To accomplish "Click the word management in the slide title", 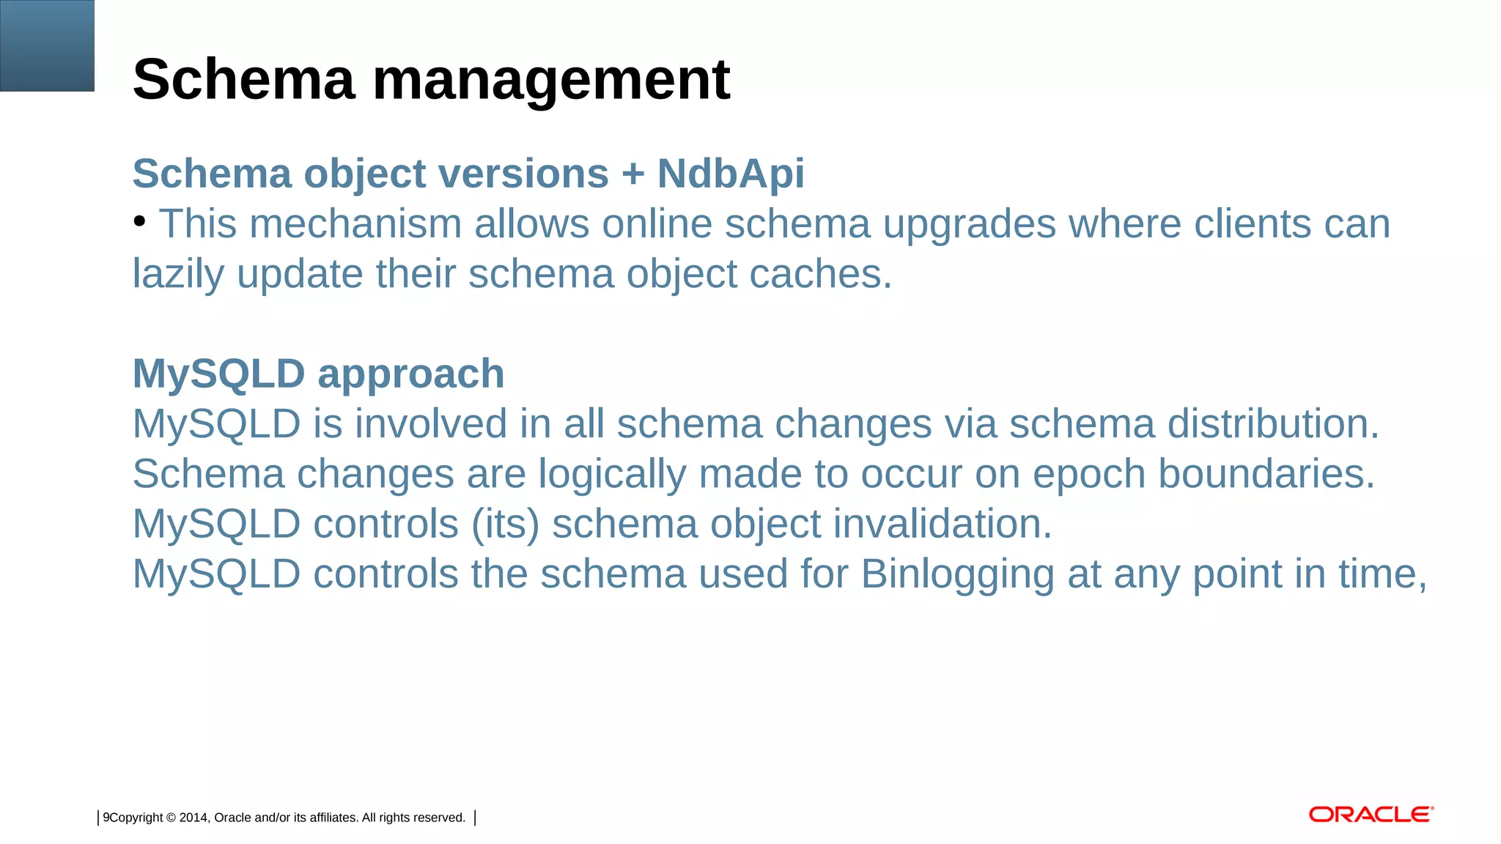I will pos(551,81).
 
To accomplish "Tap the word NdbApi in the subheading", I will pos(731,174).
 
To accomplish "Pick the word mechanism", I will pos(355,223).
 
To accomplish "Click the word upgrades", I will pos(970,225).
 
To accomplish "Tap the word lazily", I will pos(178,275).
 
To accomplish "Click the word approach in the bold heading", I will pos(410,375).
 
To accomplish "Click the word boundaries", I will pos(1266,473).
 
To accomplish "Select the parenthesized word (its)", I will pos(505,525).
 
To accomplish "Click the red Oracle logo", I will pos(1371,815).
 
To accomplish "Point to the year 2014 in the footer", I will pos(193,818).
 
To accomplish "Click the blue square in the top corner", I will pos(47,45).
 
